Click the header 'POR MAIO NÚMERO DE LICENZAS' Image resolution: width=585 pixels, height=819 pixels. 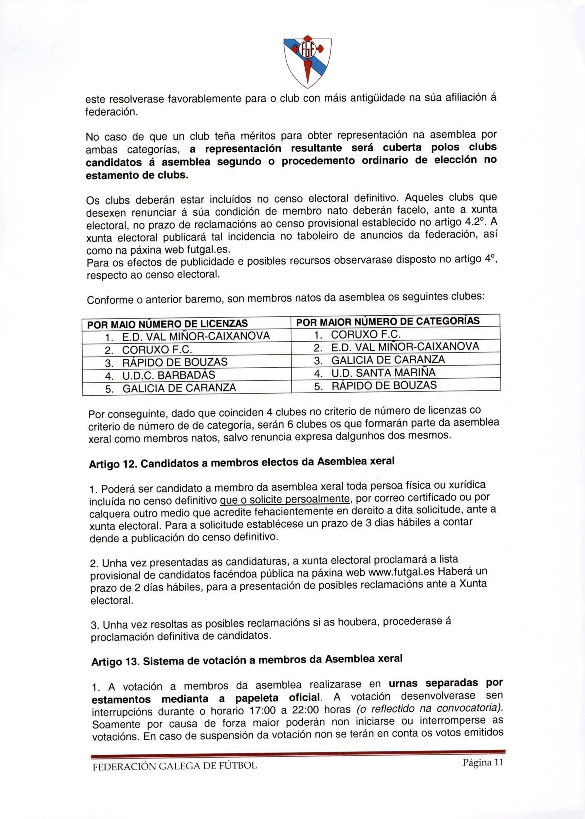[168, 324]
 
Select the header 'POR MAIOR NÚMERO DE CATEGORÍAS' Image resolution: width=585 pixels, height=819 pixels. [388, 321]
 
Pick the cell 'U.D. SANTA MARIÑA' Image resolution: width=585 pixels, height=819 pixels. [383, 373]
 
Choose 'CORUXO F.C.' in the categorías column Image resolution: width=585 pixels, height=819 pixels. [366, 334]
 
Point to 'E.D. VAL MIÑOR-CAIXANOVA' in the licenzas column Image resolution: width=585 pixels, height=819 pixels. [196, 336]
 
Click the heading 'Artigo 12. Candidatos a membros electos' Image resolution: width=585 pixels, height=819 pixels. [242, 463]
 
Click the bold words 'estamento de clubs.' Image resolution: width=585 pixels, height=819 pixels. [137, 175]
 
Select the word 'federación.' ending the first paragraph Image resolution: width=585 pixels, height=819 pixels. [112, 112]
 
